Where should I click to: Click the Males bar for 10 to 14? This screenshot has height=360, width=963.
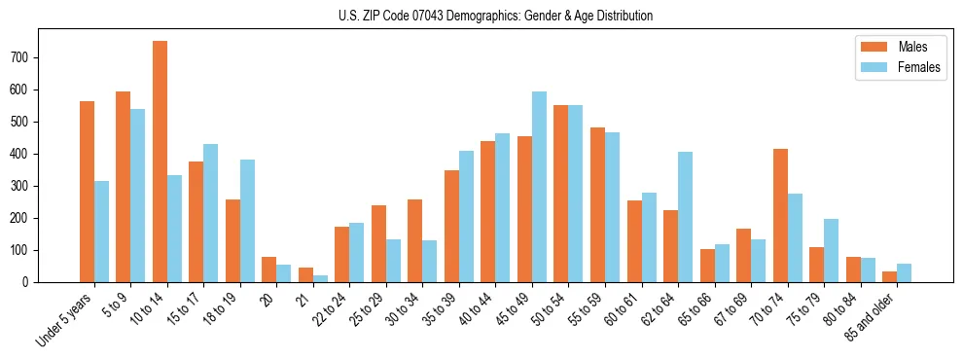click(160, 162)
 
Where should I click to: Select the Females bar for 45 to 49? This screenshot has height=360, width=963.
click(539, 187)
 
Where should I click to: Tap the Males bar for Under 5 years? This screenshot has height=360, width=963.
click(87, 192)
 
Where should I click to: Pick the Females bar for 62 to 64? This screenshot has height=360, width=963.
click(685, 217)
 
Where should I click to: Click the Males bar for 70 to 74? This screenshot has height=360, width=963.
click(780, 215)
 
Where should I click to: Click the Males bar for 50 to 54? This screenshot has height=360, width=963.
click(561, 194)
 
